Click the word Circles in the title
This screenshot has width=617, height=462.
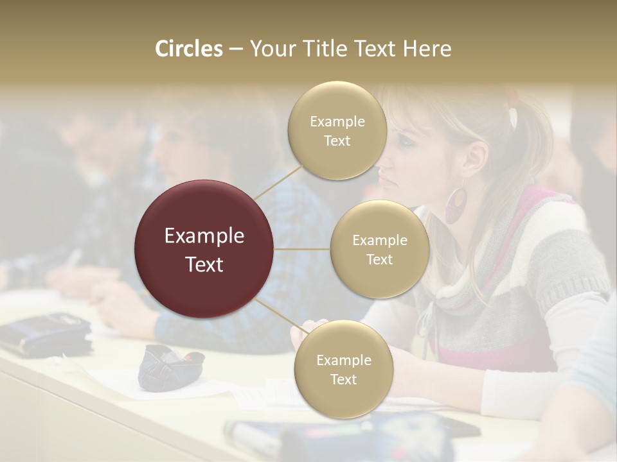pyautogui.click(x=188, y=49)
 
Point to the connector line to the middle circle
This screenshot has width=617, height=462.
pyautogui.click(x=302, y=249)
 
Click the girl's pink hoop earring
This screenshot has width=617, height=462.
pyautogui.click(x=456, y=205)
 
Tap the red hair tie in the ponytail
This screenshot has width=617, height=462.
pyautogui.click(x=512, y=97)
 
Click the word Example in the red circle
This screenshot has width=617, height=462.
pyautogui.click(x=204, y=236)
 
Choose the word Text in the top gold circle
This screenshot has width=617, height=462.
pyautogui.click(x=337, y=141)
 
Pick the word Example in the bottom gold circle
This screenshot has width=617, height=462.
pyautogui.click(x=343, y=360)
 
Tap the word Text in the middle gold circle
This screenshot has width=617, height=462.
pyautogui.click(x=379, y=259)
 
